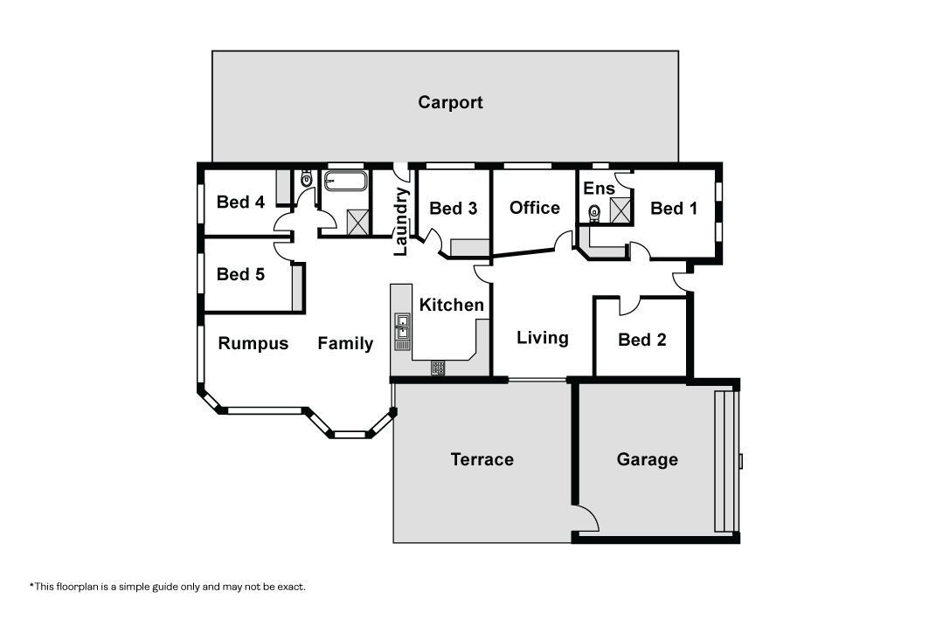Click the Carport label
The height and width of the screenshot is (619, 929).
click(450, 102)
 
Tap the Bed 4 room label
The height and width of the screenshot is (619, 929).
click(240, 203)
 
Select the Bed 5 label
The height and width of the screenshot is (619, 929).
click(240, 275)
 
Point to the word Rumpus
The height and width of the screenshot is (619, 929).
click(253, 344)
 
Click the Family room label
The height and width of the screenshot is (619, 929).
click(345, 344)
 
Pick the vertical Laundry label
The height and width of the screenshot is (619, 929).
click(401, 222)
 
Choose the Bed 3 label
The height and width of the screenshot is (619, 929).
click(454, 209)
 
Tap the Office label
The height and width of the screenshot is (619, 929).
click(534, 208)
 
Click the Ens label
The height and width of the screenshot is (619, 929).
click(599, 189)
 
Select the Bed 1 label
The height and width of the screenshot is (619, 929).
click(674, 209)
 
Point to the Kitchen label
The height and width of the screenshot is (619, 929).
click(452, 305)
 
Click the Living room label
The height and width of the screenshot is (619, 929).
click(543, 338)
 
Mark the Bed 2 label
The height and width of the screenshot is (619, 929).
click(642, 340)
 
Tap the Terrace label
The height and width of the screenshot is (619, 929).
click(482, 460)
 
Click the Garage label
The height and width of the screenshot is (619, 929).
click(648, 460)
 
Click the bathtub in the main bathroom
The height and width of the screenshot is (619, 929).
click(345, 181)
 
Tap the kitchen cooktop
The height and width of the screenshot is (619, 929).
click(438, 368)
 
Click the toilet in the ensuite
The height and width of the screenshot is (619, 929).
click(593, 212)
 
